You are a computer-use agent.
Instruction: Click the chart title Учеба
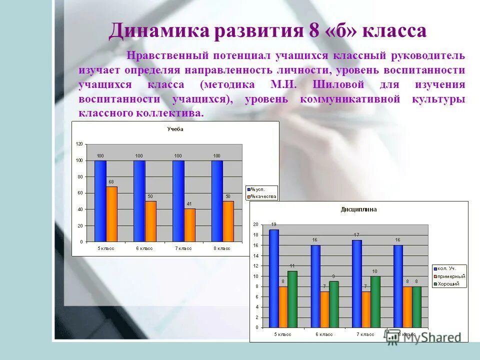pyautogui.click(x=175, y=129)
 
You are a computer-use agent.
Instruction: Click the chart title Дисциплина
pyautogui.click(x=359, y=209)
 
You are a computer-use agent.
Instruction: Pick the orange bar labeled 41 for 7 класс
pyautogui.click(x=190, y=225)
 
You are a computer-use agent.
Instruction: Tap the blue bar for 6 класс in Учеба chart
pyautogui.click(x=139, y=201)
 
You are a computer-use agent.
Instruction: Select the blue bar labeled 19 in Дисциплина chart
pyautogui.click(x=274, y=278)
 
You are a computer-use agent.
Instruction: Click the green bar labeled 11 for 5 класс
pyautogui.click(x=292, y=299)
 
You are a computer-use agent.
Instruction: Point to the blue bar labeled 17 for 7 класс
pyautogui.click(x=356, y=283)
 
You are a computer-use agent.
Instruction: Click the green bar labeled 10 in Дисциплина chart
pyautogui.click(x=375, y=301)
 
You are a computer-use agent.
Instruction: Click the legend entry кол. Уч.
pyautogui.click(x=447, y=268)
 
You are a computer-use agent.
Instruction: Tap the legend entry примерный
pyautogui.click(x=450, y=276)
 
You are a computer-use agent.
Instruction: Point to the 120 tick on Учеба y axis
pyautogui.click(x=79, y=144)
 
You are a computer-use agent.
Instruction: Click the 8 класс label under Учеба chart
pyautogui.click(x=221, y=248)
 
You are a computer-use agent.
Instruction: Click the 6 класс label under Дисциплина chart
pyautogui.click(x=324, y=334)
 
